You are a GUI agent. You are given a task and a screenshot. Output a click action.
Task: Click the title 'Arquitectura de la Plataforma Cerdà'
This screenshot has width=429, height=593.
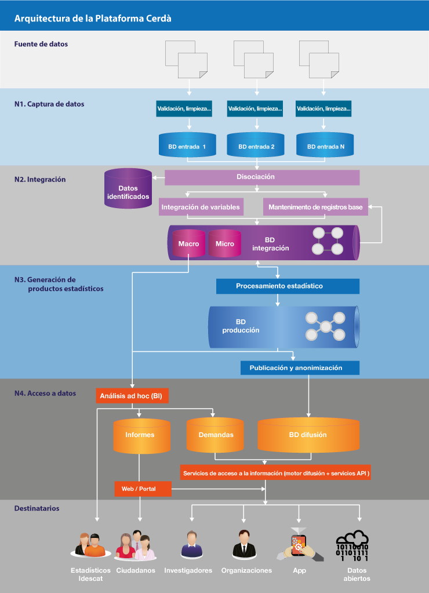[93, 19]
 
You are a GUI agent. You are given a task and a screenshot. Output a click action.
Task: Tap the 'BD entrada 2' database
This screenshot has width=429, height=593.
[256, 147]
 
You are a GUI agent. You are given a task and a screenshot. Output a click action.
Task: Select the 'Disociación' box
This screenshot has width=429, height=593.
[256, 177]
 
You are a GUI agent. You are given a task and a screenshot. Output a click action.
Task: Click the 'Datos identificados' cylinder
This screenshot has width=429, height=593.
[128, 192]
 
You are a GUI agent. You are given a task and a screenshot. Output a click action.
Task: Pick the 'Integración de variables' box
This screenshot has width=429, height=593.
[201, 207]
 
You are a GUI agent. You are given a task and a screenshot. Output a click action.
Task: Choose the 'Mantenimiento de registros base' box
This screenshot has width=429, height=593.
[315, 207]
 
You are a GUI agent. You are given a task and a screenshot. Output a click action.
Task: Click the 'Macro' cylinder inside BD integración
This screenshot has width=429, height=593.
[188, 243]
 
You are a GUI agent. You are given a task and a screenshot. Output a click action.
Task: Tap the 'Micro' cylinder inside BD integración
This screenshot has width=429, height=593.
[224, 243]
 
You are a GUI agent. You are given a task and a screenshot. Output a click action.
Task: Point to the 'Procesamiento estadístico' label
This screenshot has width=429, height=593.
[279, 286]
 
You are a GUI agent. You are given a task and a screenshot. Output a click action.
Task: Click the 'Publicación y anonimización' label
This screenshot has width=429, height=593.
[296, 368]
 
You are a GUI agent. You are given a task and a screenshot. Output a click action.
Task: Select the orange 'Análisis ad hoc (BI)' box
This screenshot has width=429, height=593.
[132, 396]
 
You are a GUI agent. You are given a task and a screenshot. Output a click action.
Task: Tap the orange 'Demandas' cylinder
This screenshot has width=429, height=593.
[216, 435]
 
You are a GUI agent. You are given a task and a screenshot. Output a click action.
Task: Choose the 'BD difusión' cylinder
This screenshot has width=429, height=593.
[307, 435]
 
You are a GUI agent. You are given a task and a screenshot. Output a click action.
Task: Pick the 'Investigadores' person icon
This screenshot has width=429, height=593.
[189, 544]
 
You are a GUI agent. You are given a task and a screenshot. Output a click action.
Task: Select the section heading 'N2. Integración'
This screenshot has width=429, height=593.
[40, 180]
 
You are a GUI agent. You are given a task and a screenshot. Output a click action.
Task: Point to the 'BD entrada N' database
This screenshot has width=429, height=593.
[325, 147]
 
